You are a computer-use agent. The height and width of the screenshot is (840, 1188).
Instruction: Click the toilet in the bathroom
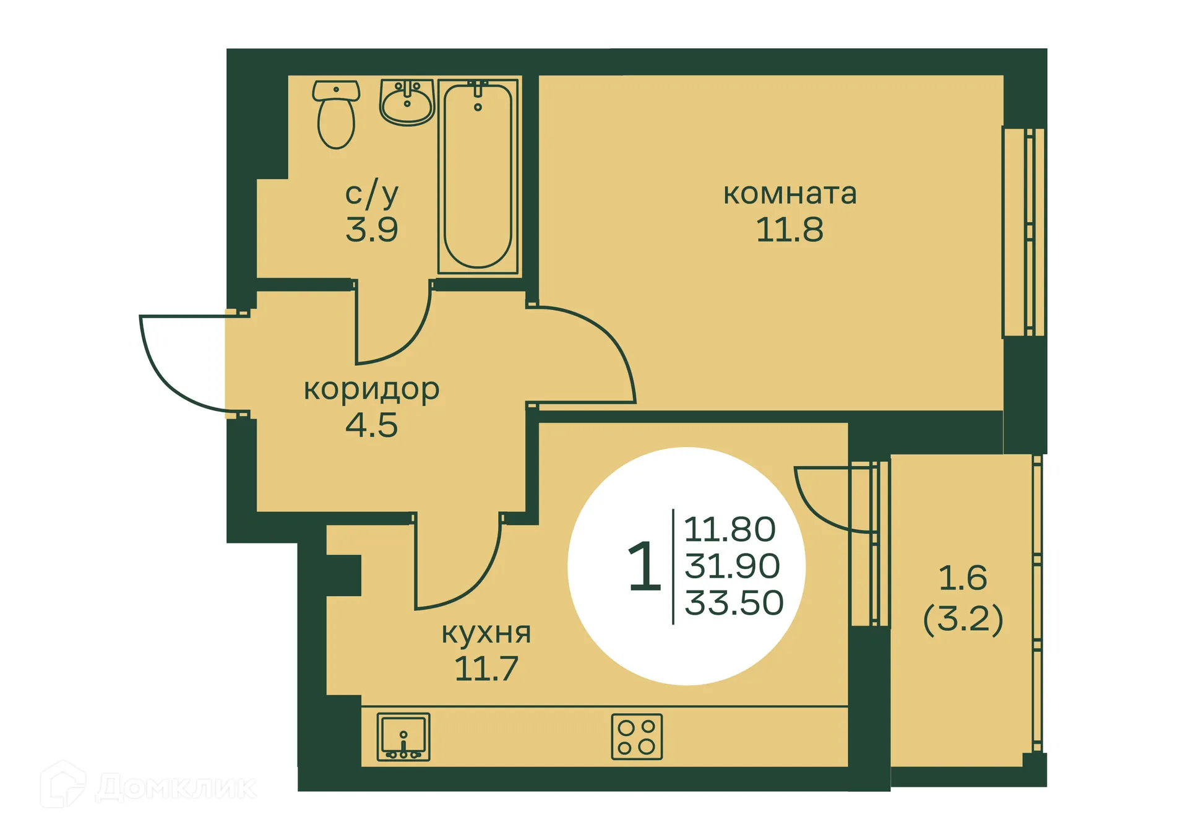336,115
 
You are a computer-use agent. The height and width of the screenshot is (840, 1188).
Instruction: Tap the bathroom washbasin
407,103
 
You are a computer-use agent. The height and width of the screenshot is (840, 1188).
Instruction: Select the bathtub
478,176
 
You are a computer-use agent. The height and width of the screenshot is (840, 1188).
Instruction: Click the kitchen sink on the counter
403,737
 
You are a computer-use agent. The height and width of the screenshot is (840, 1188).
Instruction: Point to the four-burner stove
637,737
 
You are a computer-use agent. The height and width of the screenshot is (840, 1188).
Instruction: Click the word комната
790,194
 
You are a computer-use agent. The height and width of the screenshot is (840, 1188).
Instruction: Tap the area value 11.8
790,230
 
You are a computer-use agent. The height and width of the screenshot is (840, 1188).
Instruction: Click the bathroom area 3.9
371,230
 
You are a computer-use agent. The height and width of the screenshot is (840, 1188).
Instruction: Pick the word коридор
371,389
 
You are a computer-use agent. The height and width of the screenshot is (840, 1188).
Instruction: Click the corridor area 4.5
371,425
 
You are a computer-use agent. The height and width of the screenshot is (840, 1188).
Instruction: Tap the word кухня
486,633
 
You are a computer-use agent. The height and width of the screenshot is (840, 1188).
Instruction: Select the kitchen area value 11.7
486,669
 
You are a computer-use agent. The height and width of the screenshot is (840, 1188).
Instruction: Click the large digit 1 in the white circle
644,566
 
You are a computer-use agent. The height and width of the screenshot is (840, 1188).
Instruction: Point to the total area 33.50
734,602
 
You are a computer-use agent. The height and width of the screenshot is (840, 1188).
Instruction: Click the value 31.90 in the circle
733,566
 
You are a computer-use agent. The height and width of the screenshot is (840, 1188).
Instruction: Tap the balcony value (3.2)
963,618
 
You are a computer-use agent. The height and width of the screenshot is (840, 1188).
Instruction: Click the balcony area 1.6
963,578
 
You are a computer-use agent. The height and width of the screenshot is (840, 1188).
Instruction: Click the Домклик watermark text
176,787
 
